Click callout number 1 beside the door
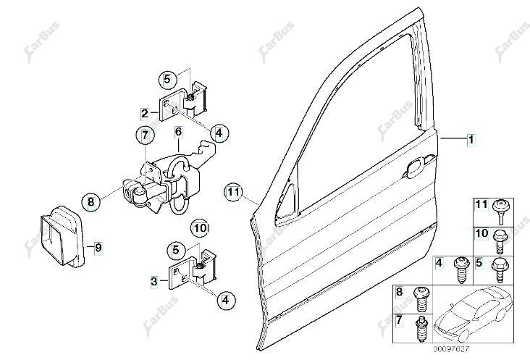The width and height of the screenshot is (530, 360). [x=471, y=139]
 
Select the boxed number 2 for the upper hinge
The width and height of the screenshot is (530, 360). [x=145, y=113]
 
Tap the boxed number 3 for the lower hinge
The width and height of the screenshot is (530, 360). [x=154, y=281]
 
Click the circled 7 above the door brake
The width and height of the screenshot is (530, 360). [x=145, y=135]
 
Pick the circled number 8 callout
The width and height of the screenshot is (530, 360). [x=91, y=202]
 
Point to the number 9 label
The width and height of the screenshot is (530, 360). [x=98, y=248]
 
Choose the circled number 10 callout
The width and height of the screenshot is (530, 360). [x=200, y=228]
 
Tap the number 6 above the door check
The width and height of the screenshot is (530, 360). [x=178, y=132]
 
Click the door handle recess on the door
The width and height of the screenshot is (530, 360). [x=418, y=166]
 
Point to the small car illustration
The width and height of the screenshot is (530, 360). [x=474, y=314]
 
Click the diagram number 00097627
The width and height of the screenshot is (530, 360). [x=452, y=349]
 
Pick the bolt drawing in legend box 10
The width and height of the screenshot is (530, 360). [x=500, y=241]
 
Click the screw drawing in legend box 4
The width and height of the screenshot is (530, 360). [x=460, y=269]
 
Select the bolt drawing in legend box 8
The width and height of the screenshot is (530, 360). [x=420, y=298]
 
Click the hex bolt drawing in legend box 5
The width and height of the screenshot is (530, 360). [x=500, y=269]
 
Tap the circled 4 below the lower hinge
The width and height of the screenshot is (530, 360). [x=225, y=299]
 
